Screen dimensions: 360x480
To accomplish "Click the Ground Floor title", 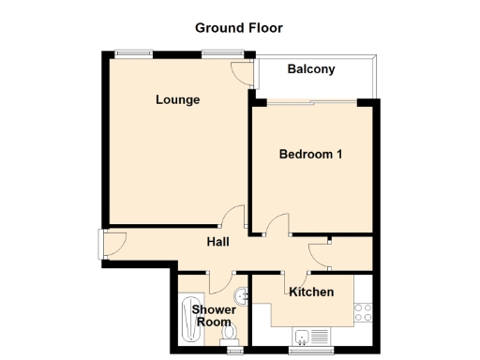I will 238,27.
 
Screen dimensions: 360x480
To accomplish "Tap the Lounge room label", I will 177,99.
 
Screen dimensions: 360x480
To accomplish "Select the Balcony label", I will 311,69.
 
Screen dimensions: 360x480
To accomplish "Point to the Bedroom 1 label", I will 310,154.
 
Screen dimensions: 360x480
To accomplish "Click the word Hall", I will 218,242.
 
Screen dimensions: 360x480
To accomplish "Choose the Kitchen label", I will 311,292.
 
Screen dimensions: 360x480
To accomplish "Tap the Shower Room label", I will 211,316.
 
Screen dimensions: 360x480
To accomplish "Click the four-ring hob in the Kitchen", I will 363,311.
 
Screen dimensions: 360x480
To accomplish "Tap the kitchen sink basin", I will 303,336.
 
